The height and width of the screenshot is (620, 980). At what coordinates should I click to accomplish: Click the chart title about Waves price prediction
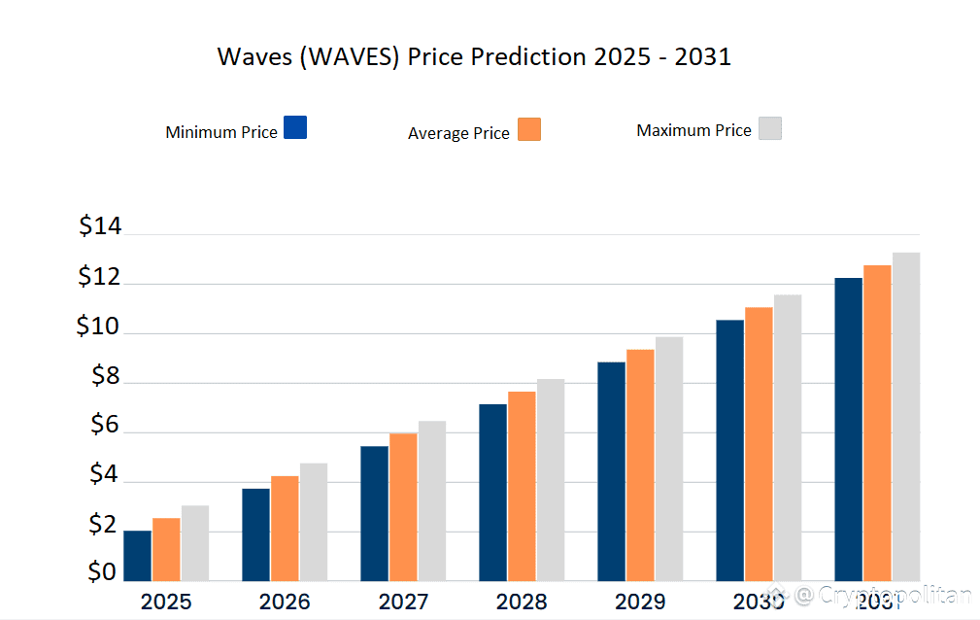[474, 56]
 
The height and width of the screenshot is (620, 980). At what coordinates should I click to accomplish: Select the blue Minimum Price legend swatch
[295, 127]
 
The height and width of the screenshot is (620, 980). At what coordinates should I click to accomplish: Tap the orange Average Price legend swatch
[529, 129]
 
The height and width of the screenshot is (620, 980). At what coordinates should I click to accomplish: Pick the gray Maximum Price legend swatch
[769, 128]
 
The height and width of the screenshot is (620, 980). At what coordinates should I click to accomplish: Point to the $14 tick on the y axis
[100, 227]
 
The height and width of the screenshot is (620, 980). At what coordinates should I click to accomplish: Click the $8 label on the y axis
[105, 377]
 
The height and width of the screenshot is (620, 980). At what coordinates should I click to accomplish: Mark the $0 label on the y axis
[102, 572]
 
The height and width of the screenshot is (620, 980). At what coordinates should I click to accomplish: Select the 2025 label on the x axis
[166, 602]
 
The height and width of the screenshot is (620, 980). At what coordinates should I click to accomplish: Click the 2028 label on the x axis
[522, 602]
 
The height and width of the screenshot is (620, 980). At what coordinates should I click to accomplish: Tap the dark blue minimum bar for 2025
[137, 556]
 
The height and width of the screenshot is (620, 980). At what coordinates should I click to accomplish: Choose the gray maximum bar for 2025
[194, 543]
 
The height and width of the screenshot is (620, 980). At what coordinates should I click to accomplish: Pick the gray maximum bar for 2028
[551, 480]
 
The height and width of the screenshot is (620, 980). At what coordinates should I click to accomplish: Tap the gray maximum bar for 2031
[906, 417]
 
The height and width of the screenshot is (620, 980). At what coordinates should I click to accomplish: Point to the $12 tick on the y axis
[100, 278]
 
